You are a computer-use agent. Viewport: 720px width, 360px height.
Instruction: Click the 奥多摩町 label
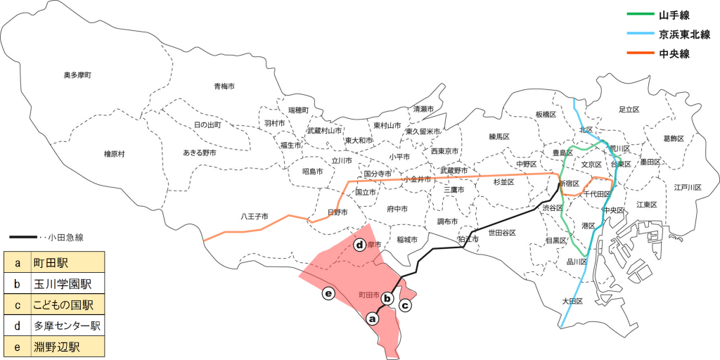(x=77, y=75)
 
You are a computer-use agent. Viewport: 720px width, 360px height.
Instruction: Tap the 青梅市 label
(x=224, y=86)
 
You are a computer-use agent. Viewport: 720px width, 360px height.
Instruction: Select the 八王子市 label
(x=254, y=216)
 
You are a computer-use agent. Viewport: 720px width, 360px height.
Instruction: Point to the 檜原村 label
(x=114, y=153)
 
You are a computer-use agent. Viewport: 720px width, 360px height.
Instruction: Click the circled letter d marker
(x=359, y=245)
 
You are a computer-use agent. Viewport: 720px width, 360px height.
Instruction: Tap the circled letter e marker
(x=327, y=293)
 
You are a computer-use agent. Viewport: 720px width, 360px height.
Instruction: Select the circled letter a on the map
(x=373, y=319)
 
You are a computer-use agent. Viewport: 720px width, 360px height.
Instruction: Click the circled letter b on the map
(x=387, y=298)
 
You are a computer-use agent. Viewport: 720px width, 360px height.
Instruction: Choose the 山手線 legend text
(x=676, y=15)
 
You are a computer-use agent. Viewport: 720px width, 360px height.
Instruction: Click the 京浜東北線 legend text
(x=684, y=34)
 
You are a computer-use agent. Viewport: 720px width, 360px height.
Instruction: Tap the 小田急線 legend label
(x=67, y=237)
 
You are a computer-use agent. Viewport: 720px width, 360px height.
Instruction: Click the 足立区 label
(x=628, y=110)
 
